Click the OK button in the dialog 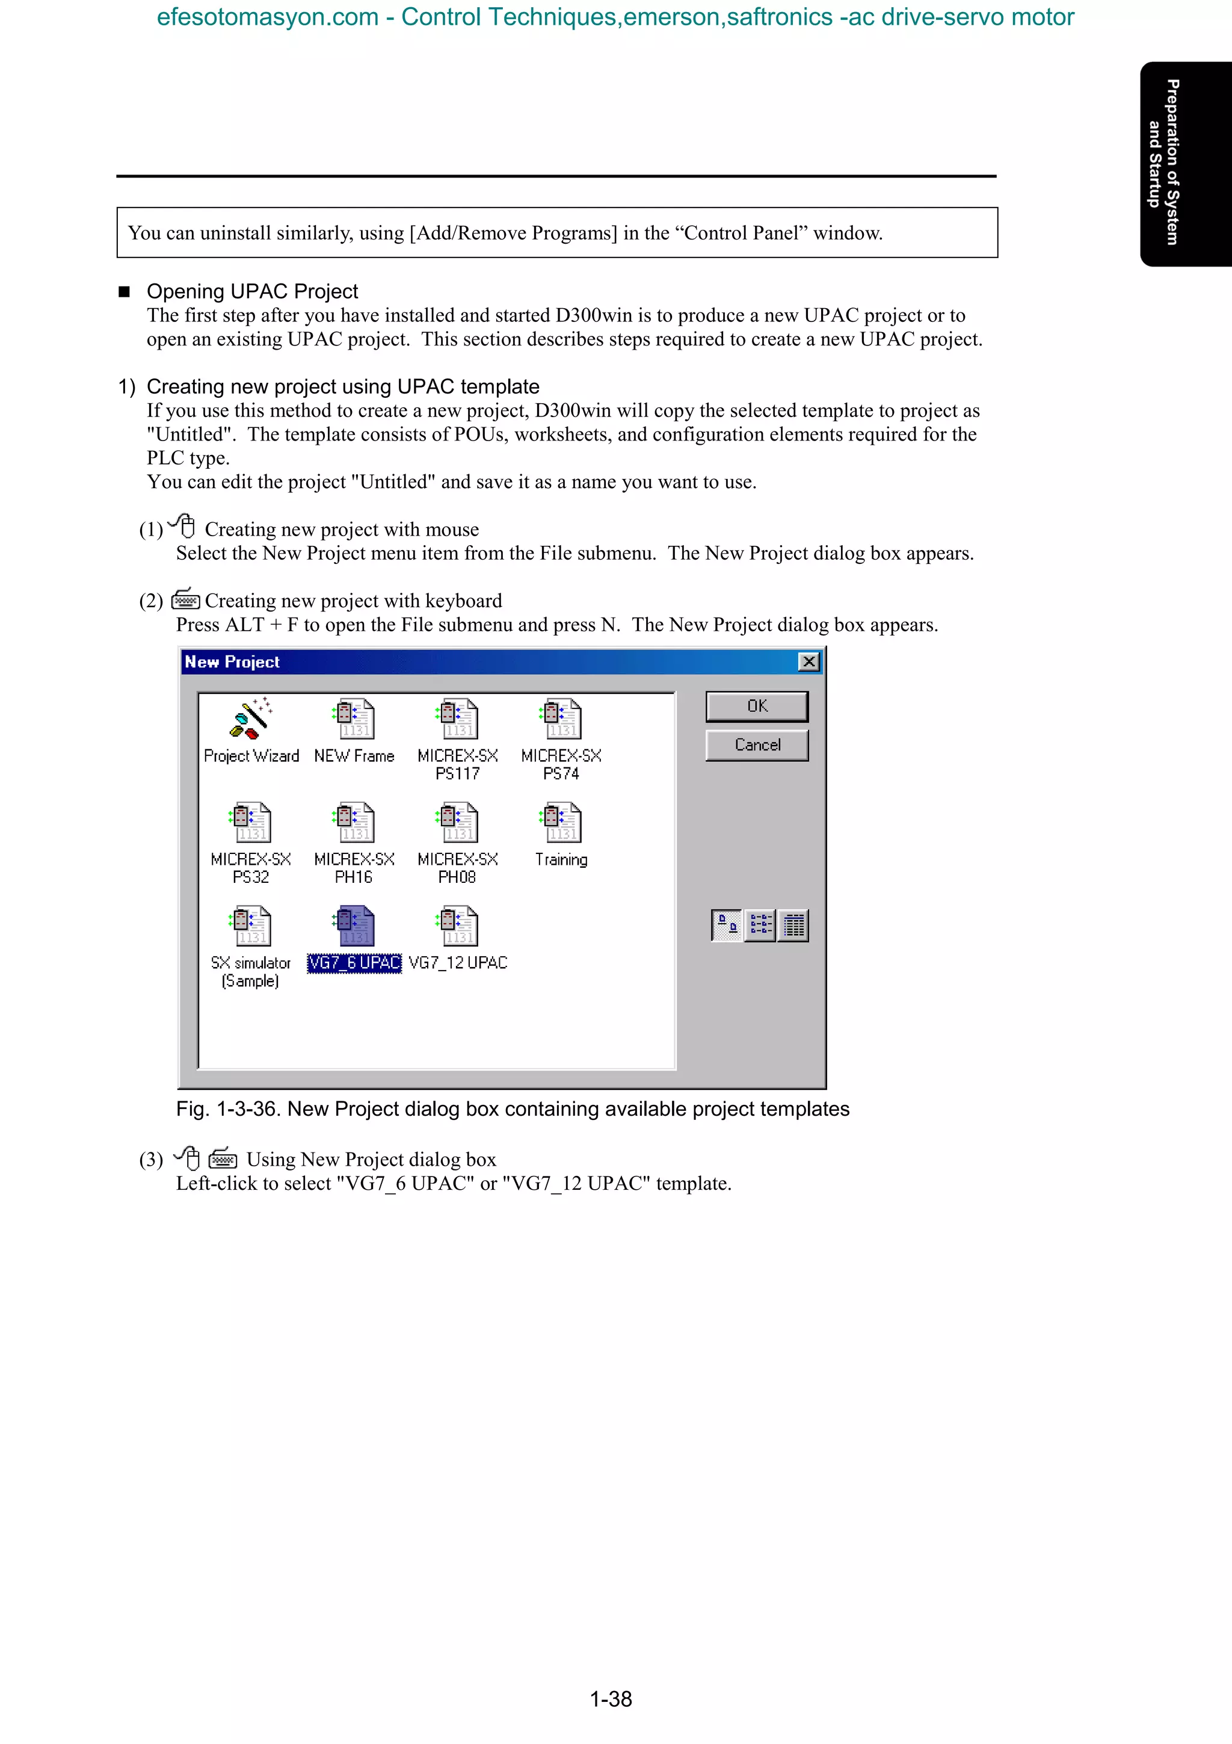tap(757, 707)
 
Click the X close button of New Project tap(809, 661)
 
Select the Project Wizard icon tap(250, 719)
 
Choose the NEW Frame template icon tap(354, 719)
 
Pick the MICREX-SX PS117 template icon tap(457, 719)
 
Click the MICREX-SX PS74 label tap(561, 764)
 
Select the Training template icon tap(561, 823)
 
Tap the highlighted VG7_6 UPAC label tap(354, 963)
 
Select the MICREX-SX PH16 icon tap(354, 823)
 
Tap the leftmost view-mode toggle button tap(727, 925)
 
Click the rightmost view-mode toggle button tap(793, 925)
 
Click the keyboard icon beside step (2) tap(185, 600)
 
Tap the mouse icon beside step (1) tap(183, 525)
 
